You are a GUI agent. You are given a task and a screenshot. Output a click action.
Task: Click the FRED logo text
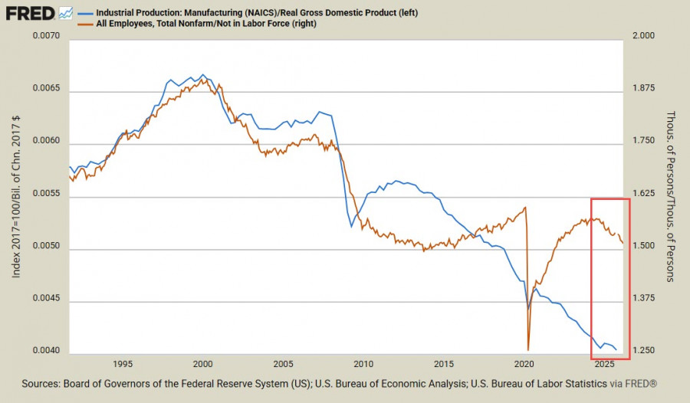pos(29,13)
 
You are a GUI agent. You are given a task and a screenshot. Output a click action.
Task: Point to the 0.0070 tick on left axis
pos(47,38)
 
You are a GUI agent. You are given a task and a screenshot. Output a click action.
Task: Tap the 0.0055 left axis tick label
pos(47,197)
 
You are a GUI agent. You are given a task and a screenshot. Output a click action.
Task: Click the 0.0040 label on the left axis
pos(47,352)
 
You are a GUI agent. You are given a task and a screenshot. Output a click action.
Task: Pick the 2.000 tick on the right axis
pos(645,38)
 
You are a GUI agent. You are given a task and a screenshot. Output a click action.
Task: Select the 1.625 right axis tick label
pos(645,197)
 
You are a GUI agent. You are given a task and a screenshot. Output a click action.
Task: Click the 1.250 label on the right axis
pos(645,352)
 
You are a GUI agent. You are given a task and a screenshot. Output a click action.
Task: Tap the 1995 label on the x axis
pos(123,365)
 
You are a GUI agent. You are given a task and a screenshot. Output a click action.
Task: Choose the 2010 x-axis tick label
pos(363,365)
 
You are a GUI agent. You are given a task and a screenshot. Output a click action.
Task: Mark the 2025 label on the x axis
pos(604,365)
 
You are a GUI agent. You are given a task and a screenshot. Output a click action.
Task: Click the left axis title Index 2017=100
pos(17,196)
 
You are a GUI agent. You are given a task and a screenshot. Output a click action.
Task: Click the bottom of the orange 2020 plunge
pos(529,349)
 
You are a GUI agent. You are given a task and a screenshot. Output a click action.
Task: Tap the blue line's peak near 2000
pos(202,74)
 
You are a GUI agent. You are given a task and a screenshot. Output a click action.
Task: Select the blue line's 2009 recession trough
pos(351,227)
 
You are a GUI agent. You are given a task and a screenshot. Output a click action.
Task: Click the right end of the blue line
pos(616,350)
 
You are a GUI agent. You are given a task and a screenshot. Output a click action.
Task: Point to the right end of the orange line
pos(623,244)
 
